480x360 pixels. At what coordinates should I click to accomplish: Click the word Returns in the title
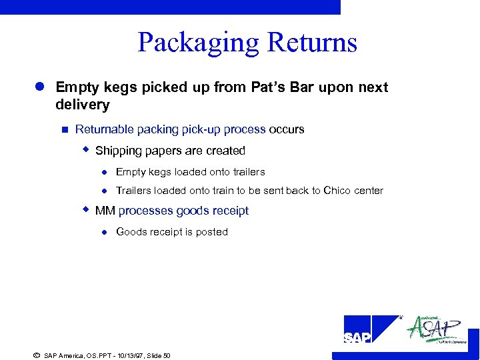(x=312, y=43)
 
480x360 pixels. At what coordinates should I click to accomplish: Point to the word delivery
(x=83, y=105)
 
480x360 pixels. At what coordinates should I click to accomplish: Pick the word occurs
(x=287, y=129)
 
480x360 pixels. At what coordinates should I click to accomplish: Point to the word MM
(x=105, y=211)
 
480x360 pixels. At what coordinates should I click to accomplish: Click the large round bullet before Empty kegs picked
(x=40, y=87)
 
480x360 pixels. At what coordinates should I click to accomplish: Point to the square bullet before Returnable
(x=64, y=129)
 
